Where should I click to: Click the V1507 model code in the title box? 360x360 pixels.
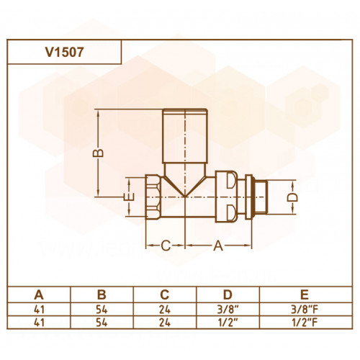coord(65,52)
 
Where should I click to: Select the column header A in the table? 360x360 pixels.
coord(39,294)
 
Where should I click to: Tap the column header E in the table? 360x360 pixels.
coord(305,294)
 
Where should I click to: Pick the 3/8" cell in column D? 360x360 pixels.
coord(228,310)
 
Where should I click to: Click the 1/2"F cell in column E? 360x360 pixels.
coord(305,323)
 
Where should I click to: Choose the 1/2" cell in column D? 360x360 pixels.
coord(228,323)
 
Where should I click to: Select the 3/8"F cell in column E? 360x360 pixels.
coord(305,310)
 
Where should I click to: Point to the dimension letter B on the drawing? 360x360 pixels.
coord(98,153)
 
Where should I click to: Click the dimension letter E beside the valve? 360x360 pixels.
coord(129,197)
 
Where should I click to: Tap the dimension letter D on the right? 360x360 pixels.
coord(292,197)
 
